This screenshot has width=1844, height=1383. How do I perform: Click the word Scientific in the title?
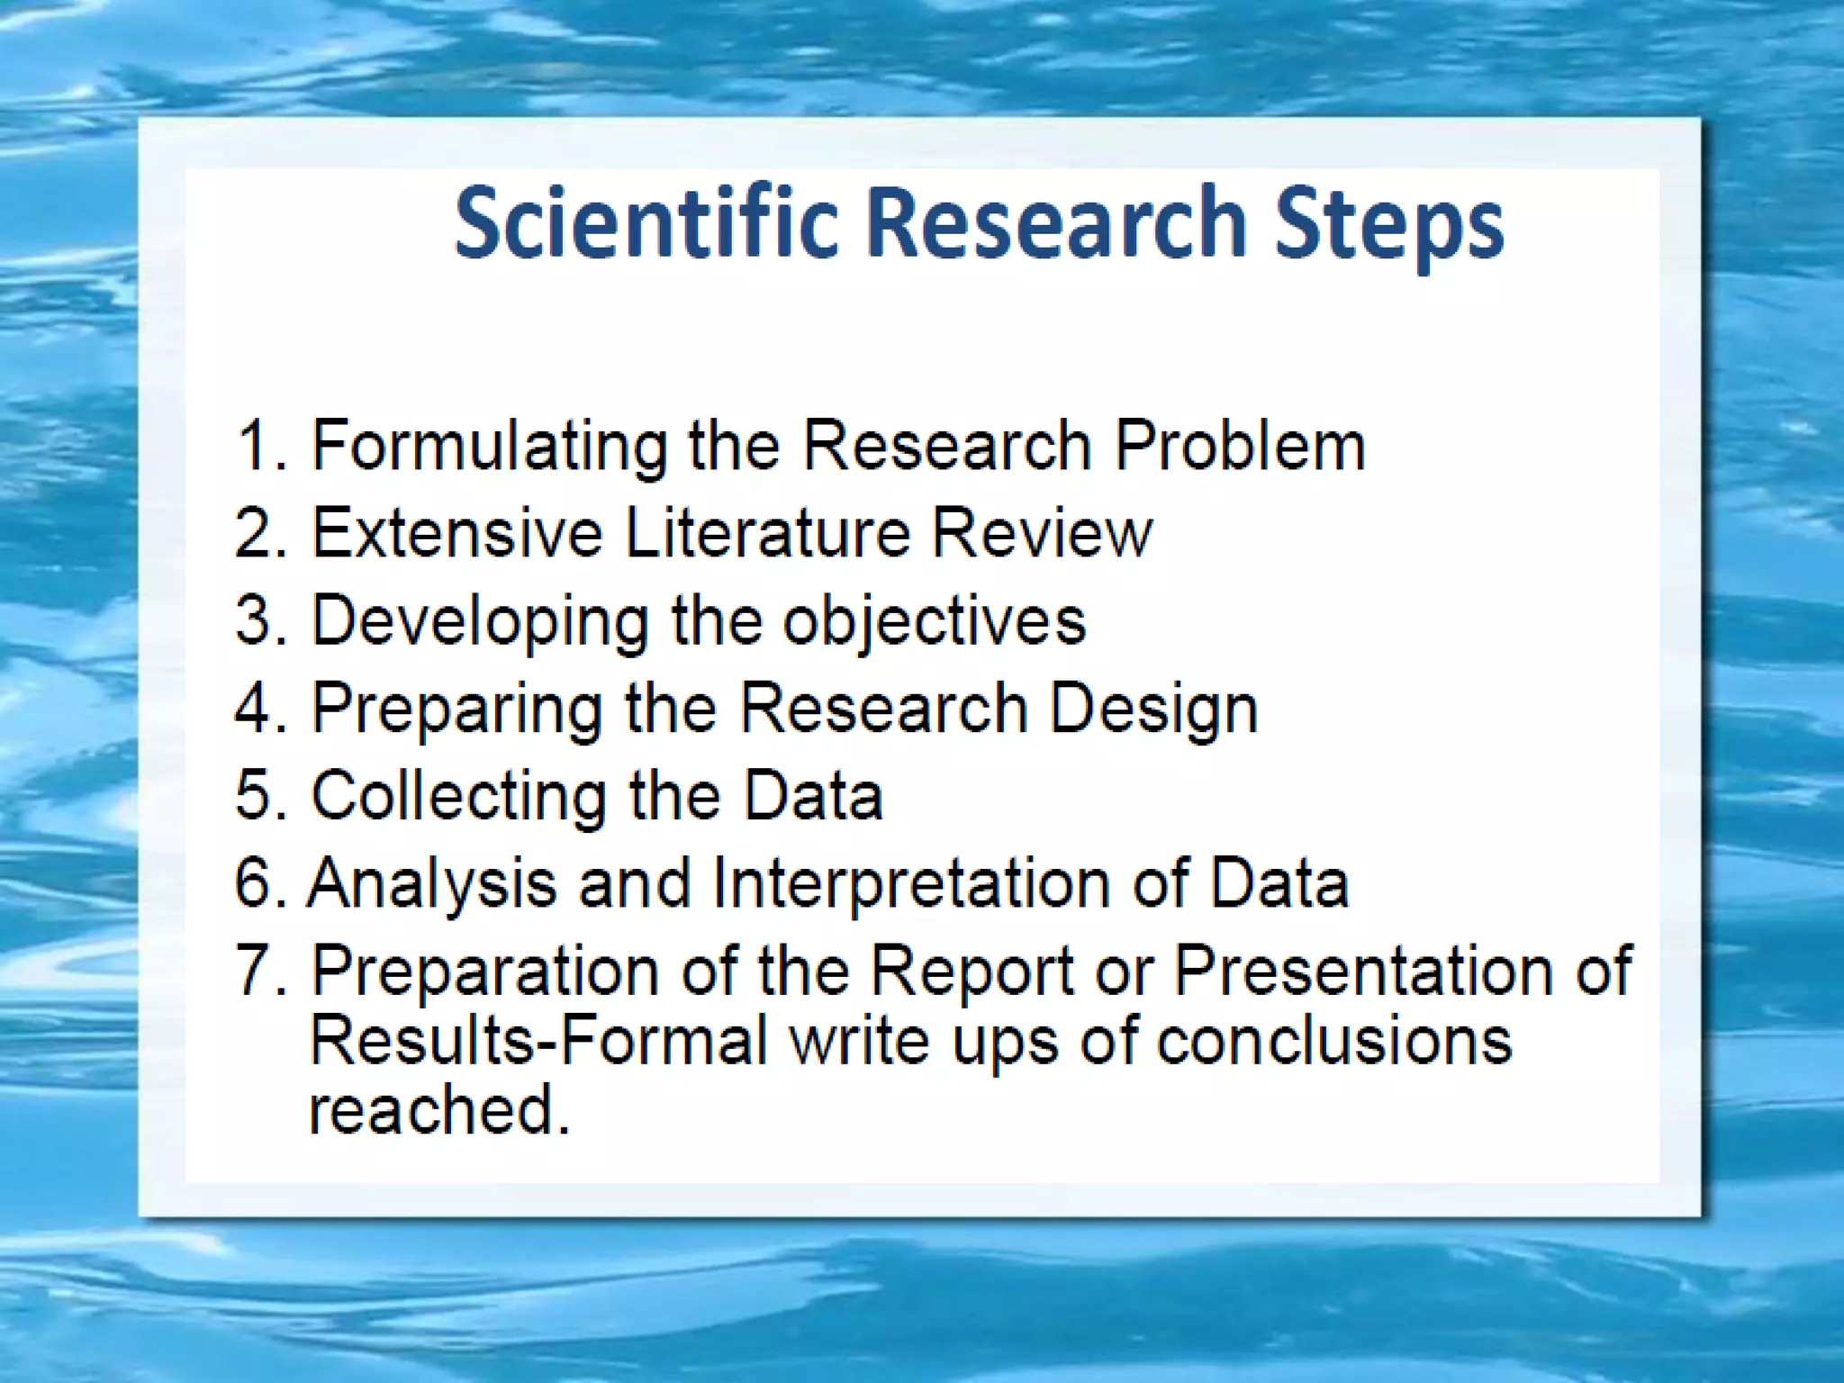[x=646, y=222]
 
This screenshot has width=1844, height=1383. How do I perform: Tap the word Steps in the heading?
[x=1388, y=224]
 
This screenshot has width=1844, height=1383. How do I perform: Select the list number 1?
[x=256, y=445]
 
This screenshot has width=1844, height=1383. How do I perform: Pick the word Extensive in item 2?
[x=456, y=532]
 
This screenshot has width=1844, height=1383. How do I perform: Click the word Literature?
[x=768, y=532]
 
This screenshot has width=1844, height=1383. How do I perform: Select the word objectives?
[x=934, y=622]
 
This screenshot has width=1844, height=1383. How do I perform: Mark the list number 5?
[x=258, y=795]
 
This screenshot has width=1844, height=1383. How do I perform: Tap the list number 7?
[x=258, y=970]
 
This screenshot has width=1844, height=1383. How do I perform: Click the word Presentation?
[x=1363, y=971]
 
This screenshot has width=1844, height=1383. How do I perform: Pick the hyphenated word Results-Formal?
[x=538, y=1041]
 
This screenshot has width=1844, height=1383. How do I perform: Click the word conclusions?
[x=1333, y=1041]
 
